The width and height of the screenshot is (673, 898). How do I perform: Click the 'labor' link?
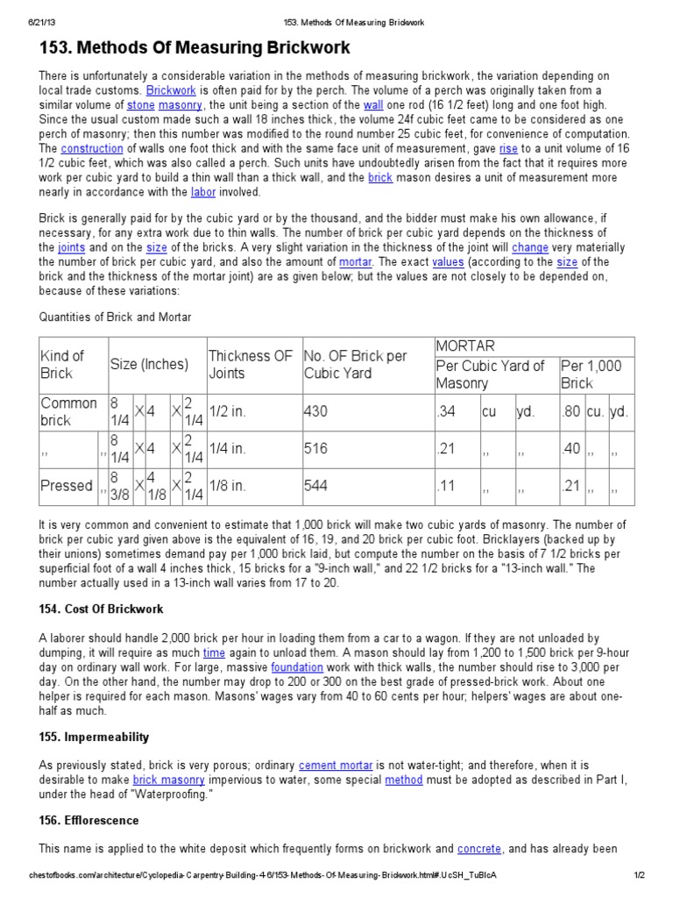pos(203,192)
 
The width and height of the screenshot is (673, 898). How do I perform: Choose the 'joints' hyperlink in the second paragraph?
pos(72,248)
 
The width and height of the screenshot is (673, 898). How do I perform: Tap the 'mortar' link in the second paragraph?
pos(355,262)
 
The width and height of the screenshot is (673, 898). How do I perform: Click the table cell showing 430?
pos(315,411)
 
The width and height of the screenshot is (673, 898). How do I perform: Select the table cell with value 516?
pos(315,449)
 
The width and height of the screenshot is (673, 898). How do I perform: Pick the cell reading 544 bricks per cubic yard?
pos(315,486)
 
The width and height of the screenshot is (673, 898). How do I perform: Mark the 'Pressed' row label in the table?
pos(67,486)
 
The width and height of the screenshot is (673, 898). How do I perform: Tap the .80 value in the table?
pos(571,411)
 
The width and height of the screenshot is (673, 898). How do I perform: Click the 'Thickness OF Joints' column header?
pos(251,365)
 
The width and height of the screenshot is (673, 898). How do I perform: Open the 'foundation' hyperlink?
pos(297,666)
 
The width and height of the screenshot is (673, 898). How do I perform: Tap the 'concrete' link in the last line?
pos(479,848)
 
